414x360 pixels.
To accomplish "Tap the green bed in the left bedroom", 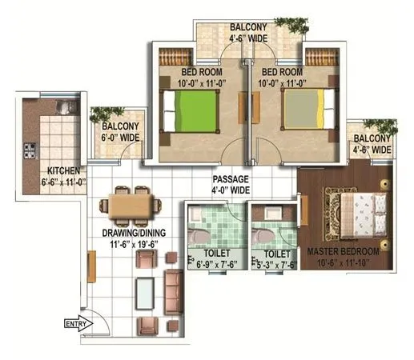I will (x=191, y=112).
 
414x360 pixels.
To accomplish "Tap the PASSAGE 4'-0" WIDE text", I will (x=231, y=185).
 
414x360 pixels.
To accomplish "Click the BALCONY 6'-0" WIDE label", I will (x=119, y=132).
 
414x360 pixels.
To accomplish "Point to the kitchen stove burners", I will (x=30, y=150).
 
